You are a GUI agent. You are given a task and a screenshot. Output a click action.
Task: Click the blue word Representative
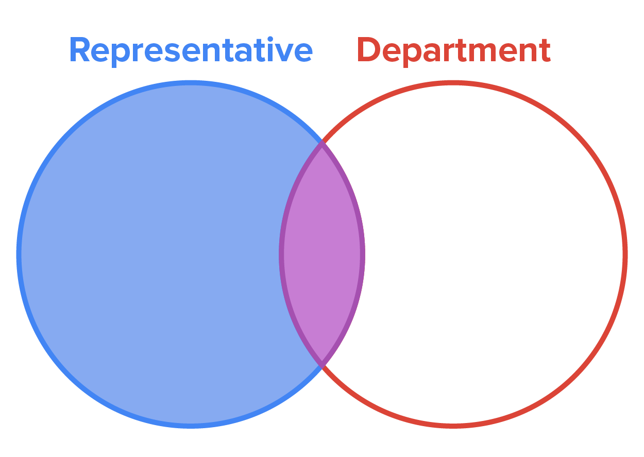pos(191,50)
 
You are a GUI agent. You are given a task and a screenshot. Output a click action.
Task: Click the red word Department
pos(453,50)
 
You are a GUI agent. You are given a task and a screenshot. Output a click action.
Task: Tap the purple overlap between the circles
pos(322,254)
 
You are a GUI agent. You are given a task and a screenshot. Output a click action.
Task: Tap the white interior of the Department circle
pos(489,254)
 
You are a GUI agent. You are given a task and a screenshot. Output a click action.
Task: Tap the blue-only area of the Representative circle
pos(155,254)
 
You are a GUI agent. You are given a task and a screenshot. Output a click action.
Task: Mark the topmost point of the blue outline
pos(191,82)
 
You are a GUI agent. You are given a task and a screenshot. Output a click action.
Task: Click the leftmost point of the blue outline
pos(19,254)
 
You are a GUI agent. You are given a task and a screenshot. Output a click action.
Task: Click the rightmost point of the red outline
pos(625,254)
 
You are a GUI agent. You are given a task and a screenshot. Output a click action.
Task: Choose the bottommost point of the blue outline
pos(191,425)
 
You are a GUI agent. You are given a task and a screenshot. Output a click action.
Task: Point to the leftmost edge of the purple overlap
pos(282,254)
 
